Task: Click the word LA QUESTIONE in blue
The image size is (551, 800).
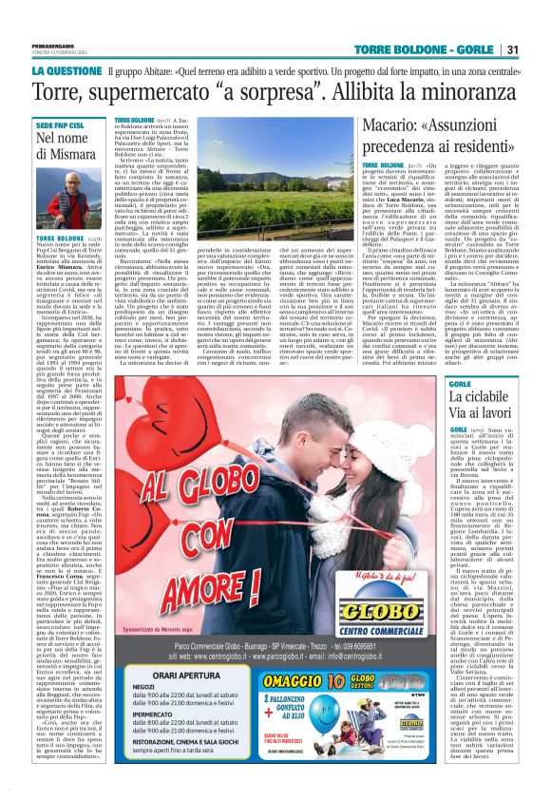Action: [x=66, y=70]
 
